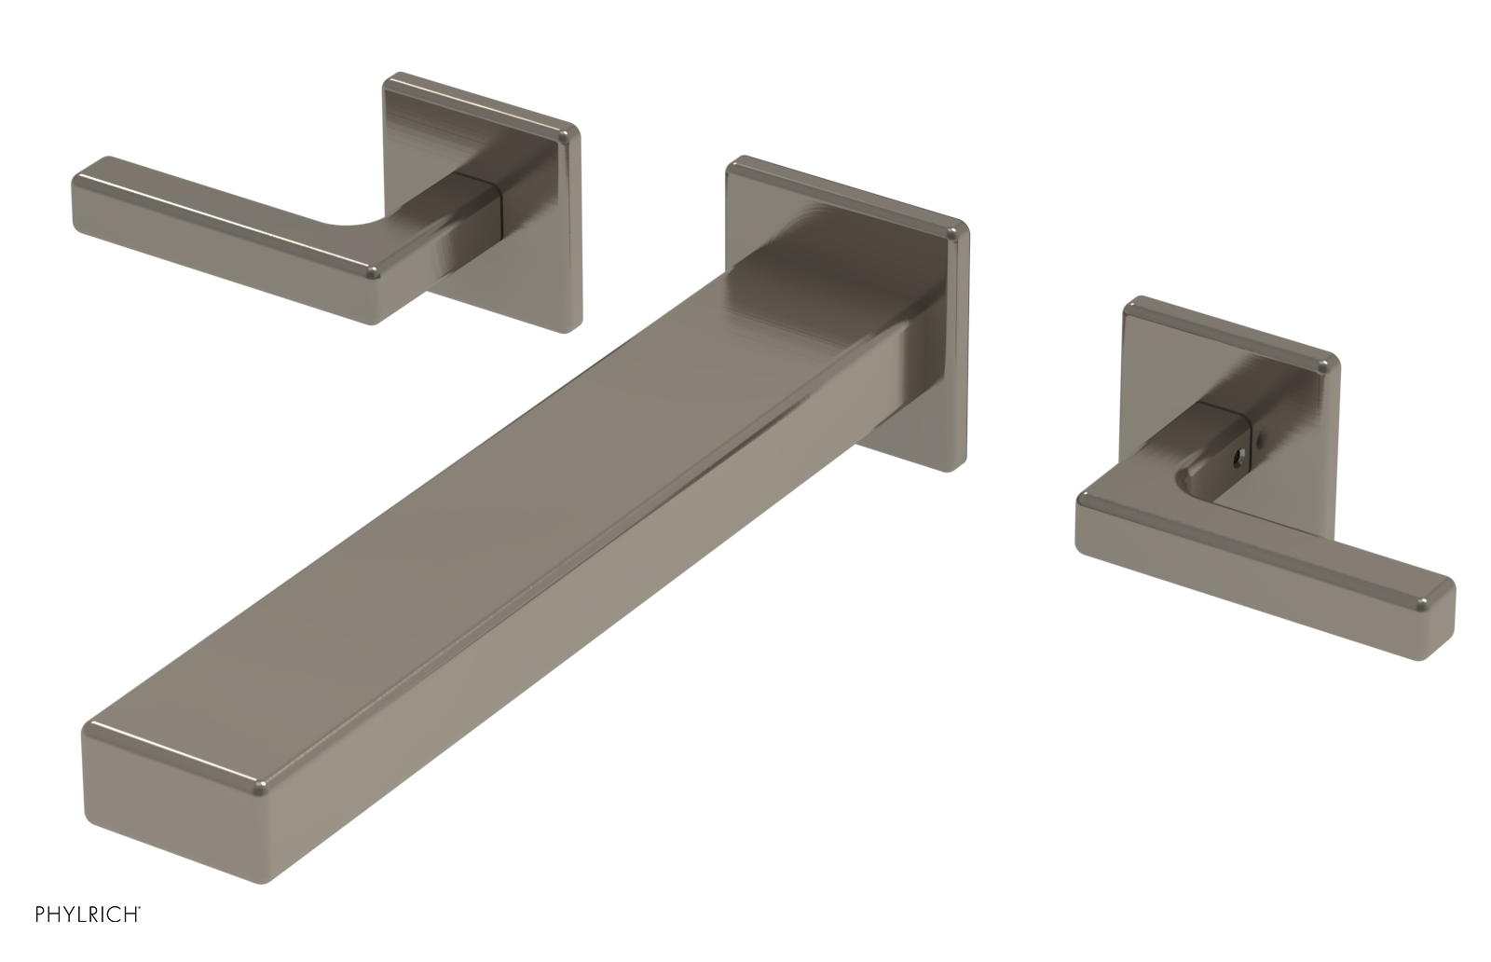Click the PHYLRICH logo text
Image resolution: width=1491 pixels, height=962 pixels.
click(88, 939)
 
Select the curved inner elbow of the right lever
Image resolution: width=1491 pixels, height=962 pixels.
click(1196, 485)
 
